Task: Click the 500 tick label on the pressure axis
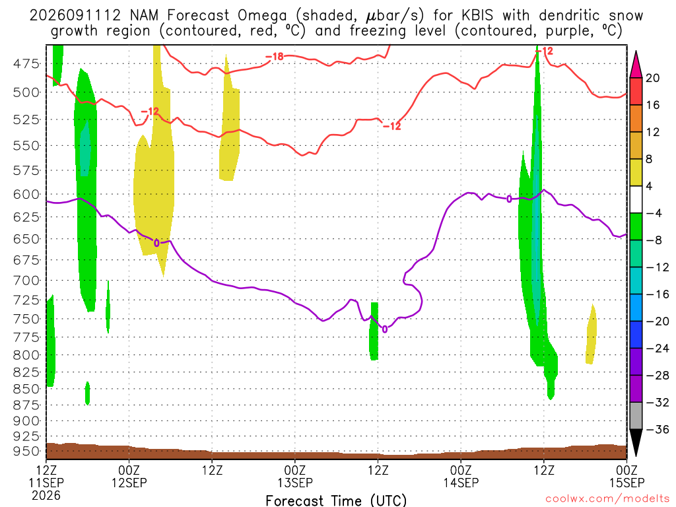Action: coord(26,92)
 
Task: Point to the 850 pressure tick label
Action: coord(26,389)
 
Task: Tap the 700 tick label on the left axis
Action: coord(26,281)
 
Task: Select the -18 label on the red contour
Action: coord(275,57)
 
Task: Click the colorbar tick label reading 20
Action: coord(652,78)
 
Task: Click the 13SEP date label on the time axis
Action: coord(295,483)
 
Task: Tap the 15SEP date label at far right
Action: coord(627,483)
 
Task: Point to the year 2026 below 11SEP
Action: coord(46,496)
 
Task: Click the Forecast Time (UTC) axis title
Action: coord(336,500)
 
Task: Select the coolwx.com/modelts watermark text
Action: coord(607,499)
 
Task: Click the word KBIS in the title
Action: coord(477,16)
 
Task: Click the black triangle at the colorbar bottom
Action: coord(636,443)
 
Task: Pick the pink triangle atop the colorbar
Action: coord(636,65)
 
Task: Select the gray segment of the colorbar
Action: coord(636,416)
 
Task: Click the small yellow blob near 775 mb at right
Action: coord(591,335)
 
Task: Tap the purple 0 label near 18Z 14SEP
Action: coord(509,199)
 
